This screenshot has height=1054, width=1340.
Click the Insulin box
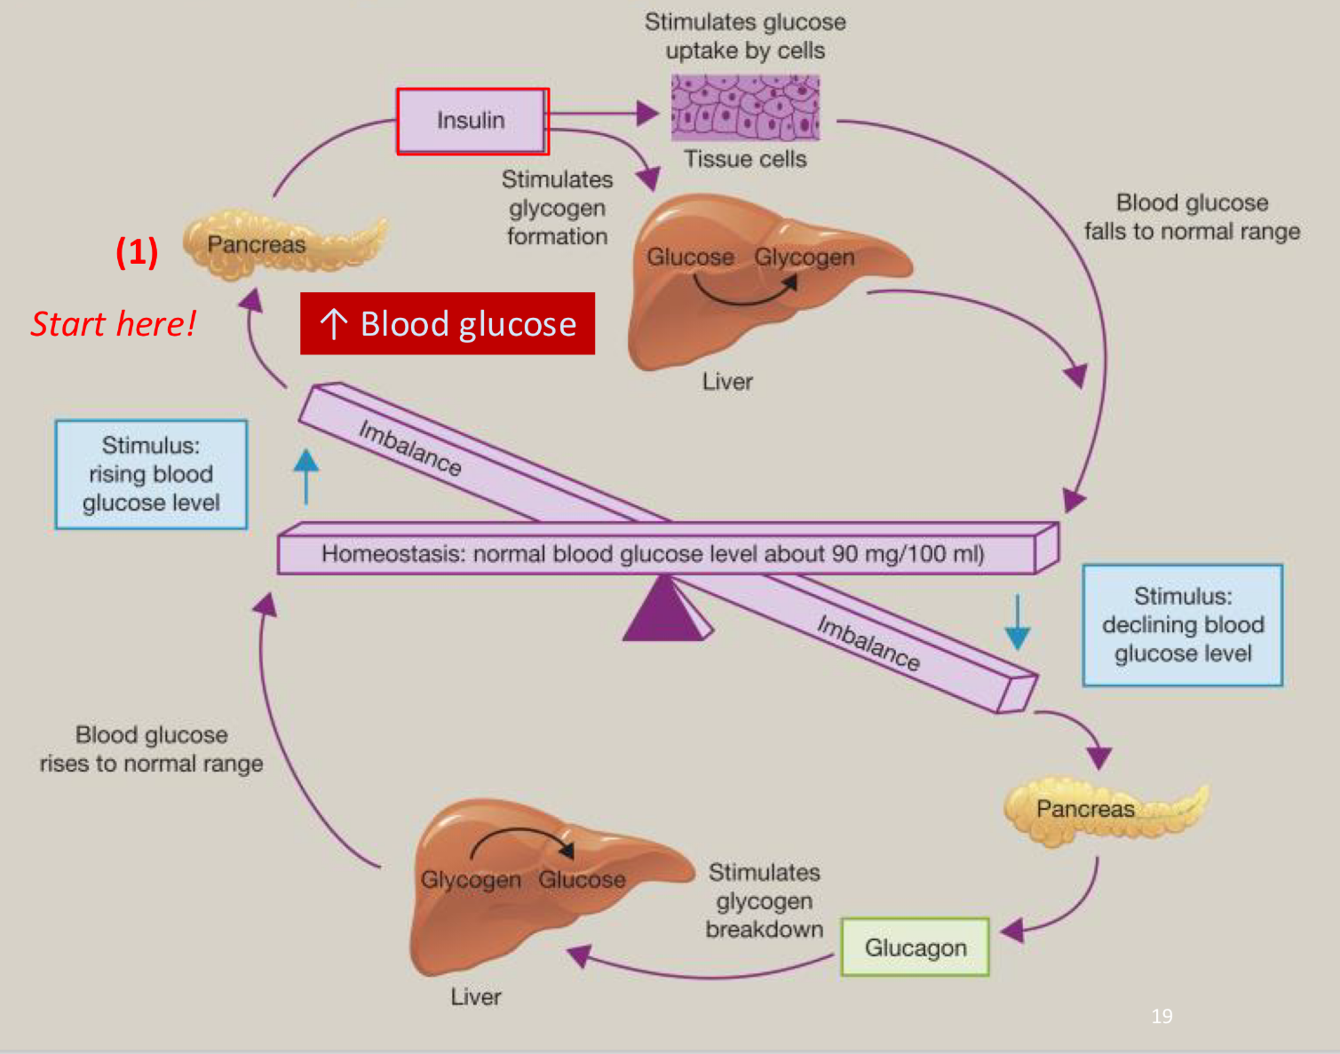click(472, 121)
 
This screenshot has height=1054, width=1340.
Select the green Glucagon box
click(915, 947)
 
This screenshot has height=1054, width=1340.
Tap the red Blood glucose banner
click(448, 324)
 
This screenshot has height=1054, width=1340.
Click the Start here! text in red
click(113, 324)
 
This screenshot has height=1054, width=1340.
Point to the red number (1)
click(137, 252)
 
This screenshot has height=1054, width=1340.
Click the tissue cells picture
click(745, 107)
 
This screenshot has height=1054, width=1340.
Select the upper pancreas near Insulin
click(282, 244)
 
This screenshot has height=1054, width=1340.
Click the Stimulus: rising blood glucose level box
click(151, 474)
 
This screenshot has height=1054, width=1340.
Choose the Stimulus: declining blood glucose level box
click(1182, 625)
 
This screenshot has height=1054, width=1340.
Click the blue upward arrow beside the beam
click(306, 476)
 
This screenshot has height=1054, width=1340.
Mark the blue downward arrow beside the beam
click(1018, 622)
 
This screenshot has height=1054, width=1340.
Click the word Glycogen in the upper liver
click(804, 258)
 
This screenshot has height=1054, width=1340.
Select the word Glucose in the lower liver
click(582, 880)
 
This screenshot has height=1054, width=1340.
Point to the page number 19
click(1162, 1016)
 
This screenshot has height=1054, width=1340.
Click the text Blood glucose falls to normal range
click(1192, 217)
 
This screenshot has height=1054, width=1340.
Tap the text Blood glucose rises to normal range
click(151, 749)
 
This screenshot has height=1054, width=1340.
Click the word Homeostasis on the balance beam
click(392, 554)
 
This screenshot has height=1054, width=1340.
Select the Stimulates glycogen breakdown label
click(764, 900)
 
